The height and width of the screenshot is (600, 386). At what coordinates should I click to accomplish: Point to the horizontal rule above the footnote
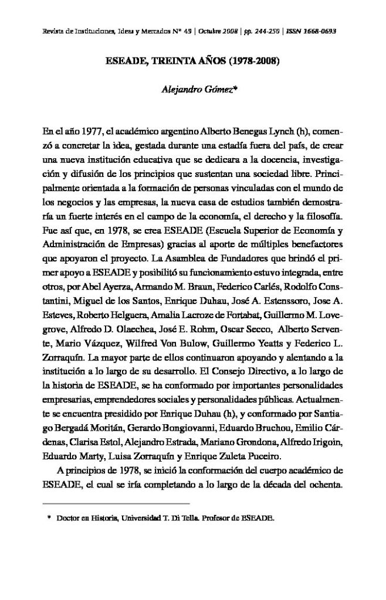[117, 503]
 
